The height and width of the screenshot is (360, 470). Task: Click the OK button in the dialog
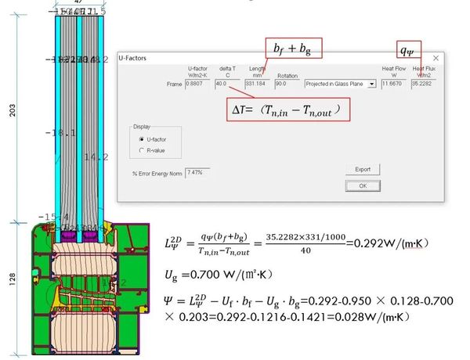(363, 186)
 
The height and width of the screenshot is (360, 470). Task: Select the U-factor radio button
(141, 139)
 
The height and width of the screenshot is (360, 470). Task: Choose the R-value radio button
(141, 149)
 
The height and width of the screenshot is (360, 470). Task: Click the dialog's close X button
(436, 59)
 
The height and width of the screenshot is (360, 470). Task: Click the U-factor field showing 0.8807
(198, 84)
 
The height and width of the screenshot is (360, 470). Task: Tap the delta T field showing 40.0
(227, 84)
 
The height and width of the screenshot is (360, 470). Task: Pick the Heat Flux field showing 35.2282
(425, 84)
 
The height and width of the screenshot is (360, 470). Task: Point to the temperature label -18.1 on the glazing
(60, 133)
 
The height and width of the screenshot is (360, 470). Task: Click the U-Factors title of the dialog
(132, 59)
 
